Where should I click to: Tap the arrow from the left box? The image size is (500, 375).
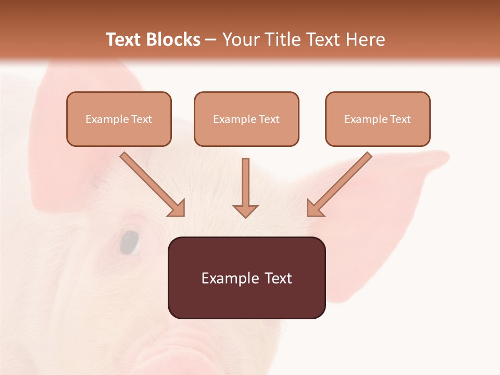pyautogui.click(x=151, y=183)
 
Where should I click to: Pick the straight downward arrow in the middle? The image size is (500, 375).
pyautogui.click(x=245, y=187)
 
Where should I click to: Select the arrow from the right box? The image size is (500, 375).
pyautogui.click(x=340, y=183)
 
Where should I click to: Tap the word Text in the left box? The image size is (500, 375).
pyautogui.click(x=141, y=119)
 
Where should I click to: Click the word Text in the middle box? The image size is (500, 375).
pyautogui.click(x=269, y=119)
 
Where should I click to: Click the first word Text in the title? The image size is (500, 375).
pyautogui.click(x=123, y=40)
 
